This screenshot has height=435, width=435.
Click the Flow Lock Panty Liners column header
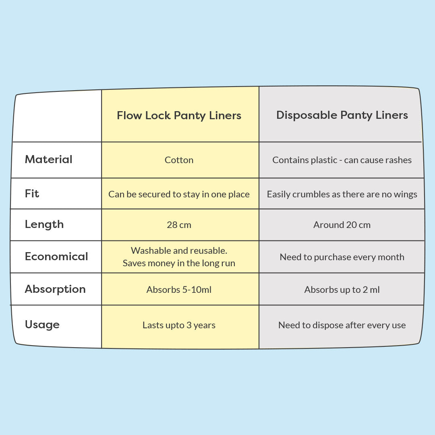coord(179,116)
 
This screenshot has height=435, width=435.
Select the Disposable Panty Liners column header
coord(342,115)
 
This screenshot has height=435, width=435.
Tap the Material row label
coord(49,159)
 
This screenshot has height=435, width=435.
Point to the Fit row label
coord(32,193)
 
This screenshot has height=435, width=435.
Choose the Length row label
coord(44,224)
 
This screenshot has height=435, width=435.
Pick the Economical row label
coord(56,256)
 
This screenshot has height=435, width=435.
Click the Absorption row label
coord(55,289)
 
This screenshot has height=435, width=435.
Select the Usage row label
coord(42,324)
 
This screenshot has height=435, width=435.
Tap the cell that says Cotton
coord(179,160)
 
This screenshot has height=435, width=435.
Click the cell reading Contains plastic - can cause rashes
coord(342,160)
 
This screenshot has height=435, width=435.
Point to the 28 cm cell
coord(179,225)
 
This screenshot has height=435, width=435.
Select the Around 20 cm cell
coord(342,225)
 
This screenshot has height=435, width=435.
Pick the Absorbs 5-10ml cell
coord(179,290)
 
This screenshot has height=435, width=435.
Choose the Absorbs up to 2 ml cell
coord(342,290)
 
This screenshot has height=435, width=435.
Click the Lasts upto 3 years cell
coord(179,325)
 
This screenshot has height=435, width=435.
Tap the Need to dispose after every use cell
coord(342,325)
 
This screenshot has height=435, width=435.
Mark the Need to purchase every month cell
coord(342,257)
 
